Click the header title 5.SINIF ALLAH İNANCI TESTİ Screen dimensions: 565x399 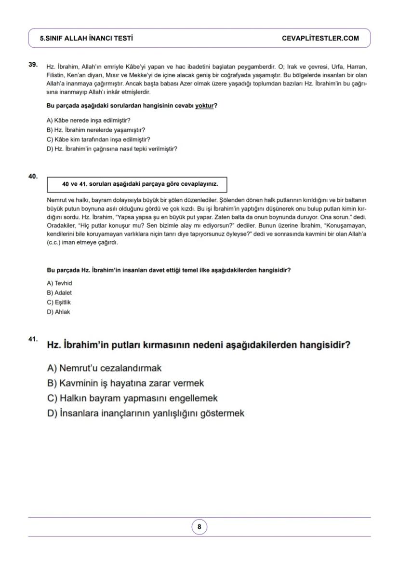coord(87,38)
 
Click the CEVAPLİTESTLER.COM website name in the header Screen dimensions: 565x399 coord(320,38)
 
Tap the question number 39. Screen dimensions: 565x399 coord(33,64)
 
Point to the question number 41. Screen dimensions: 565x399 coord(33,339)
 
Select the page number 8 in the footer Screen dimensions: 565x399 coord(199,527)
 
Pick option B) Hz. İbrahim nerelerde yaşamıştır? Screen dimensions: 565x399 coord(96,130)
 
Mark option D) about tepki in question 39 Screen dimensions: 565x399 coord(112,149)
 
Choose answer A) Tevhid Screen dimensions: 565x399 coord(59,283)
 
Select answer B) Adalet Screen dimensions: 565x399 coord(59,293)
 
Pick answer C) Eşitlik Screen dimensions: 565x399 coord(59,303)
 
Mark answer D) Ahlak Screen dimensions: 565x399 coord(58,312)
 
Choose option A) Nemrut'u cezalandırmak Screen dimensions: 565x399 coord(104,368)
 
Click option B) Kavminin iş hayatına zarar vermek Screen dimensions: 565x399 coord(125,383)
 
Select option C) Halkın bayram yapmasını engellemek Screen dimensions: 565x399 coord(133,398)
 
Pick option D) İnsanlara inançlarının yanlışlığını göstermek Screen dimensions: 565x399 coord(146,413)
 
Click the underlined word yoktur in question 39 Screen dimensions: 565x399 coord(204,106)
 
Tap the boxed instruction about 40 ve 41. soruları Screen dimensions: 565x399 coord(136,184)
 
